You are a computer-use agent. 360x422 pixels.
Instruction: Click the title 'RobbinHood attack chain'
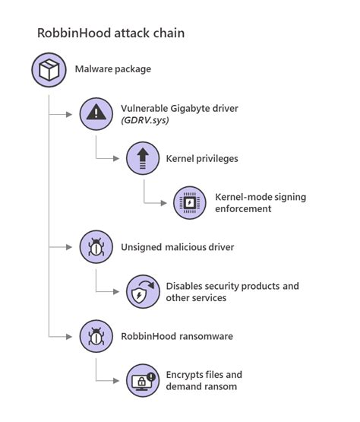pos(111,34)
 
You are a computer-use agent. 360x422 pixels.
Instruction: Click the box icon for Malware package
pos(49,69)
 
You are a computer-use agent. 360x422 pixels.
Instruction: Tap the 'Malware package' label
pos(112,69)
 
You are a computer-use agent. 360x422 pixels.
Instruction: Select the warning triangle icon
pos(97,114)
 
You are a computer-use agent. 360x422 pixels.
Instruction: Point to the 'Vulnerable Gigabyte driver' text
pos(179,108)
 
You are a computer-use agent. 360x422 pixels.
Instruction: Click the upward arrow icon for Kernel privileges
pos(143,158)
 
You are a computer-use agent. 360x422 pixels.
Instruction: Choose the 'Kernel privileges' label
pos(201,159)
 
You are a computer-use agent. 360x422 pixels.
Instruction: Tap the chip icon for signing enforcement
pos(189,202)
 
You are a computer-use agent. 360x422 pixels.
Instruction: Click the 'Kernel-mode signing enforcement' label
pos(260,202)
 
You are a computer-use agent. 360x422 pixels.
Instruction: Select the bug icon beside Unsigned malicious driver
pos(97,247)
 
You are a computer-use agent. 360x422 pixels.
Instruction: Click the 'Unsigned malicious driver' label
pos(177,247)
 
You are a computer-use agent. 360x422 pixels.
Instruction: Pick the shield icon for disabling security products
pos(143,291)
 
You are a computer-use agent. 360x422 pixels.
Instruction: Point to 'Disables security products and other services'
pos(232,291)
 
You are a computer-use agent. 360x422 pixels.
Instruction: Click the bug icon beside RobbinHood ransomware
pos(97,335)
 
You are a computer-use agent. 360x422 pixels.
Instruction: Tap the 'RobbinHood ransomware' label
pos(175,335)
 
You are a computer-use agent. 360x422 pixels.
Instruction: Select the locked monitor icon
pos(143,380)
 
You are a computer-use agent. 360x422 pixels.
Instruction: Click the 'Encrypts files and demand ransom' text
pos(203,380)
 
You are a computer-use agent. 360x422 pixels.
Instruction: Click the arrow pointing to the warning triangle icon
pos(72,114)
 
